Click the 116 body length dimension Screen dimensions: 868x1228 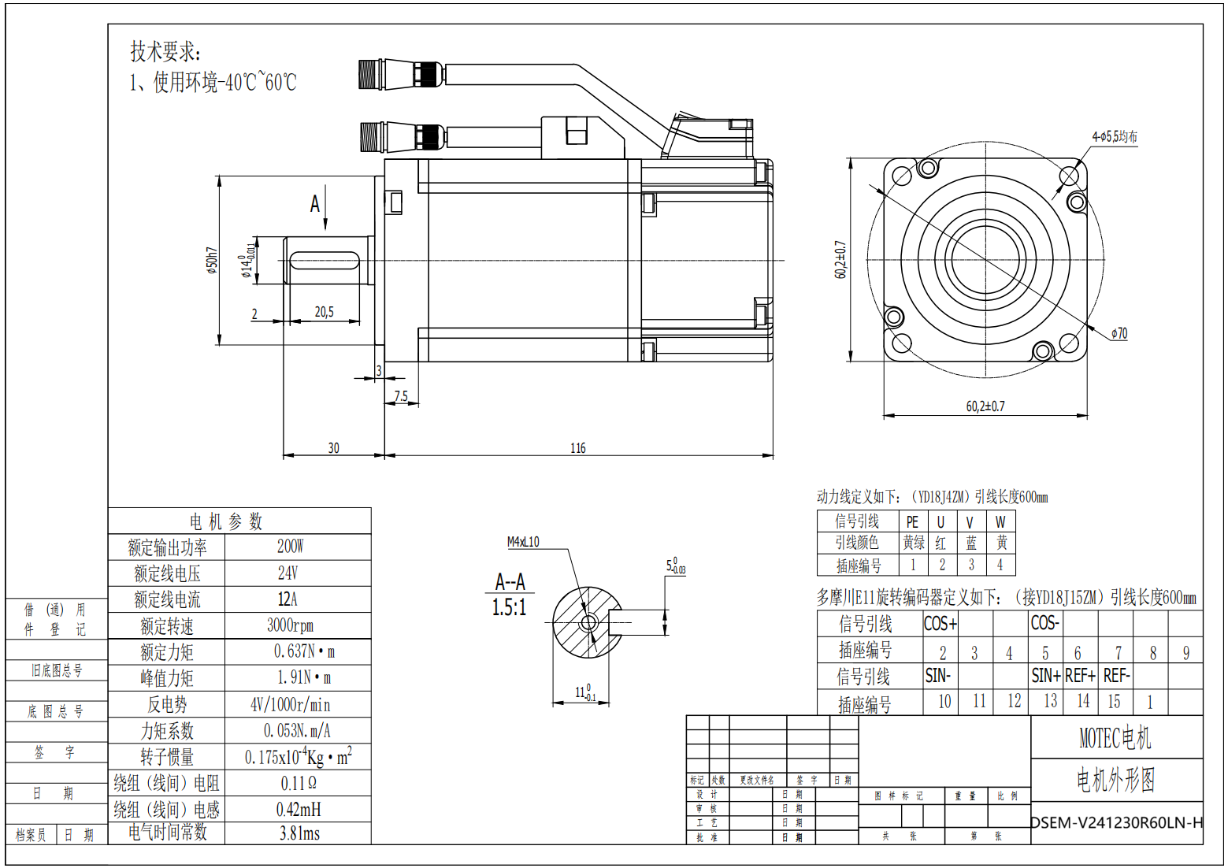[578, 448]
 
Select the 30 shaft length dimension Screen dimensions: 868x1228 [333, 448]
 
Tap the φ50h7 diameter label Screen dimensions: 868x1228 [212, 261]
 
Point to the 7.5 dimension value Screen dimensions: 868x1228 [401, 396]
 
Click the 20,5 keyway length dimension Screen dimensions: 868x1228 [325, 312]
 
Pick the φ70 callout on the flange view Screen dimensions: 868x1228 [1119, 333]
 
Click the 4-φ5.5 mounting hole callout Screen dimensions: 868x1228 [1114, 136]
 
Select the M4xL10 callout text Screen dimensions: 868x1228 [523, 542]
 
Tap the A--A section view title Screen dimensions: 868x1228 [510, 582]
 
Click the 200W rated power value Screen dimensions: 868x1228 [290, 546]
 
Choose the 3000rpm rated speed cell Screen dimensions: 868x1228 [290, 625]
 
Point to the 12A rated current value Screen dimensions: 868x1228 [288, 599]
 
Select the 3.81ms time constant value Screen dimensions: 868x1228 [299, 833]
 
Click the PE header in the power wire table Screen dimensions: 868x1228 [912, 521]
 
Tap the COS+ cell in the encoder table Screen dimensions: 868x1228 [940, 624]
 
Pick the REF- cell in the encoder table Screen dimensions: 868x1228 [1116, 676]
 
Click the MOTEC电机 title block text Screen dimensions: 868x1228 [1115, 738]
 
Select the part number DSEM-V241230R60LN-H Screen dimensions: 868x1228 [1117, 822]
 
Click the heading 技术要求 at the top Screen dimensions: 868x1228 [165, 52]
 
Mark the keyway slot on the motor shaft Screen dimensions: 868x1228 [325, 260]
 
